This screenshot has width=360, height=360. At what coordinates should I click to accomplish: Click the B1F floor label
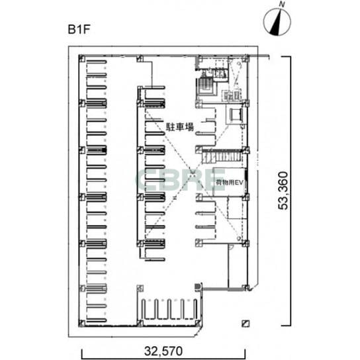tap(79, 29)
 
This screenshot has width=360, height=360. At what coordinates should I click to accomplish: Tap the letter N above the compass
tap(282, 5)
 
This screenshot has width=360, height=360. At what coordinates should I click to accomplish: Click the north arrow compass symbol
tap(277, 22)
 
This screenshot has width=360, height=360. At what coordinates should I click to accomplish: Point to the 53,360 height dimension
tap(283, 191)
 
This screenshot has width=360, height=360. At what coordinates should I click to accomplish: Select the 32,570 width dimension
tap(163, 351)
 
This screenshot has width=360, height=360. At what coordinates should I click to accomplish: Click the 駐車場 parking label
tap(180, 127)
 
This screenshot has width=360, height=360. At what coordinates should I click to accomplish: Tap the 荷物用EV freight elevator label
tap(230, 183)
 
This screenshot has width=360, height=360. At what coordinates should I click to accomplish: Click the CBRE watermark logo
tap(181, 180)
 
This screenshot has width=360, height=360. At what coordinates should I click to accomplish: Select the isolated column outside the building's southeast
tap(246, 324)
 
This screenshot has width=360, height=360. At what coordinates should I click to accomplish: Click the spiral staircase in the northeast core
tap(206, 87)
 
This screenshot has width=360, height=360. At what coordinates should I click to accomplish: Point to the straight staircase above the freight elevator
tap(222, 157)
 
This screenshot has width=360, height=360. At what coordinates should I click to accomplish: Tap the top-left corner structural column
tap(82, 58)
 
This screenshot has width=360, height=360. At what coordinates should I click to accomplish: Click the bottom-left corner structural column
tap(82, 323)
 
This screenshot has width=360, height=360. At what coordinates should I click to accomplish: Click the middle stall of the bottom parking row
tap(169, 309)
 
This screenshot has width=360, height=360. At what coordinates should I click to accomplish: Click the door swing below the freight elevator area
tap(231, 247)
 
